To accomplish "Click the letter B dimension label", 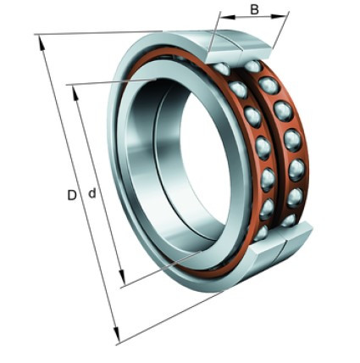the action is [254, 9].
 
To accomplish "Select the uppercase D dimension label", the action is [72, 195].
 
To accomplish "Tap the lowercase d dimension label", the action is [92, 193].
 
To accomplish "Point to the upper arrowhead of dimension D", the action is [42, 43].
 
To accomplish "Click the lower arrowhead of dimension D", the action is [117, 334].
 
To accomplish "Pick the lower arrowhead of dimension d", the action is [122, 277].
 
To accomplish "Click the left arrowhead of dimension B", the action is [228, 16].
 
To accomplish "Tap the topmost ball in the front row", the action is [222, 69].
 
